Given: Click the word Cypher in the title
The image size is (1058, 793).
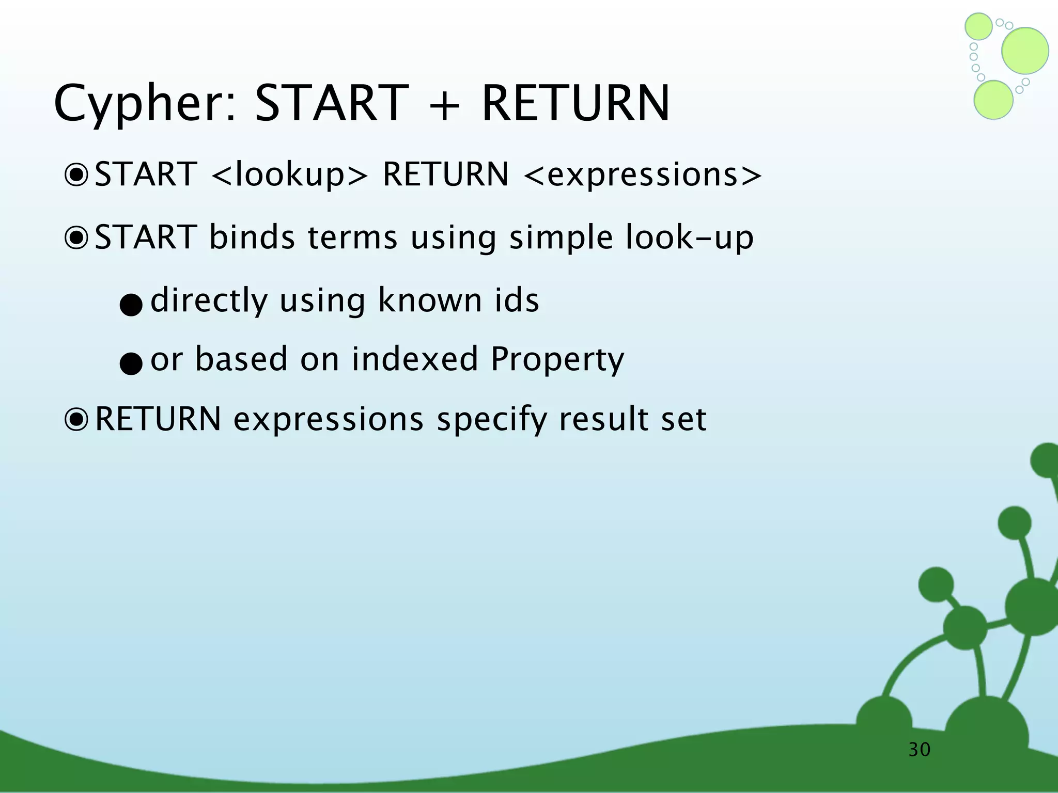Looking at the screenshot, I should tap(145, 105).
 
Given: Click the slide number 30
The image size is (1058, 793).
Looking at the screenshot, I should tap(920, 749).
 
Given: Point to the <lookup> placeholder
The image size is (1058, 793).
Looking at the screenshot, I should tap(290, 175).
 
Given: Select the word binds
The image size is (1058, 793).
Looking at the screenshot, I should tap(252, 237).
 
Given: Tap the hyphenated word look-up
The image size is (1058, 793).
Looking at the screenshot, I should tap(689, 238).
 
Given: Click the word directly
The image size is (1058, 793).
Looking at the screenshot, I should tap(209, 300).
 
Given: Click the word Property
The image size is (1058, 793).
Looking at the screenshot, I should tap(557, 360).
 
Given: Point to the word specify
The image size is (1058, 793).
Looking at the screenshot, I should tap(491, 420).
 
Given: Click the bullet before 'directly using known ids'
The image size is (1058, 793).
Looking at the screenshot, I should tap(131, 305).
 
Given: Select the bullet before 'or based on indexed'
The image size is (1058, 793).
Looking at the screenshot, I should tap(131, 363).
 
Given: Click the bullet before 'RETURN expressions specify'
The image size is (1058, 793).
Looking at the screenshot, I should tap(77, 420).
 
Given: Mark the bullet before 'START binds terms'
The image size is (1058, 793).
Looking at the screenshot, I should tap(77, 238).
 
